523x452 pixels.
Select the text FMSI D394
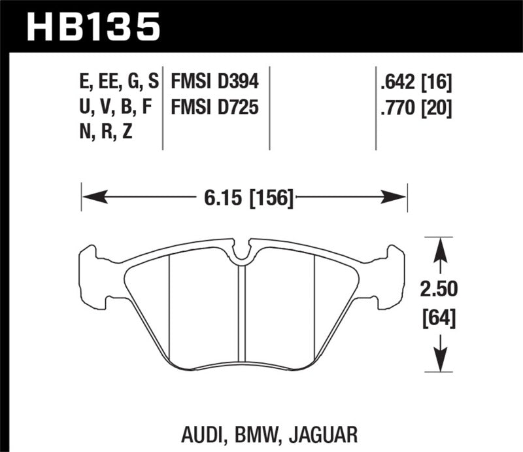tap(215, 82)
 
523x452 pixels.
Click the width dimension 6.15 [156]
tap(245, 195)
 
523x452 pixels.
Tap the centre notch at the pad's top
tap(242, 252)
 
